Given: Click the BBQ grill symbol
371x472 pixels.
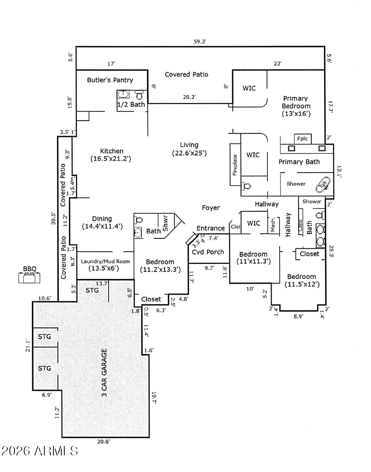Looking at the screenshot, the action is tap(29, 277).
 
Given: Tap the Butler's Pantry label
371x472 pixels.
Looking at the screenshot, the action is tap(110, 80).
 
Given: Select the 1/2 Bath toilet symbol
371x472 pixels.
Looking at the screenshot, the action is tap(139, 95).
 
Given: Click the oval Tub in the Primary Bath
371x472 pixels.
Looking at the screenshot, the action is tap(323, 184).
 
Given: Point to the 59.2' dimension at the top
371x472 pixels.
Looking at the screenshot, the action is tap(200, 41).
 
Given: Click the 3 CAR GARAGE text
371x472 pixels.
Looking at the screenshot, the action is tap(104, 373).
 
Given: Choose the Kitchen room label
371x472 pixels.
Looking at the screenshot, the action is tap(111, 151).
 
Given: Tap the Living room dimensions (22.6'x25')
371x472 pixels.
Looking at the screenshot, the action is tap(189, 153).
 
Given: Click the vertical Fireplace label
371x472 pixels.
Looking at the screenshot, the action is tap(235, 165).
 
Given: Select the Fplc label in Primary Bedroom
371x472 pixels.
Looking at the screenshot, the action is tap(302, 138).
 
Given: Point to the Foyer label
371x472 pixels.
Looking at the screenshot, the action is tap(211, 208).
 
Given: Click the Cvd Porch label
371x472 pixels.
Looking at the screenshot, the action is tap(208, 252).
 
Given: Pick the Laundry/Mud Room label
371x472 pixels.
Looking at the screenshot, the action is tap(105, 262).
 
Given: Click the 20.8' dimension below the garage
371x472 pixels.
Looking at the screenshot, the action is tap(104, 442).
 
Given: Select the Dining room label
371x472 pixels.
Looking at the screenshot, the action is tap(102, 219).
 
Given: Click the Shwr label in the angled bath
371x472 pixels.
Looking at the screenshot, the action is tap(165, 223).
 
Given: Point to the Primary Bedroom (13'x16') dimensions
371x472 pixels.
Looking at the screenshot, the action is tap(296, 114).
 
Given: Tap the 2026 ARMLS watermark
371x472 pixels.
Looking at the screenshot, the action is tap(40, 451).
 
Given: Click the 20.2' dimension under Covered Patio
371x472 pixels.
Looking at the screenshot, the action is tap(189, 97).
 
